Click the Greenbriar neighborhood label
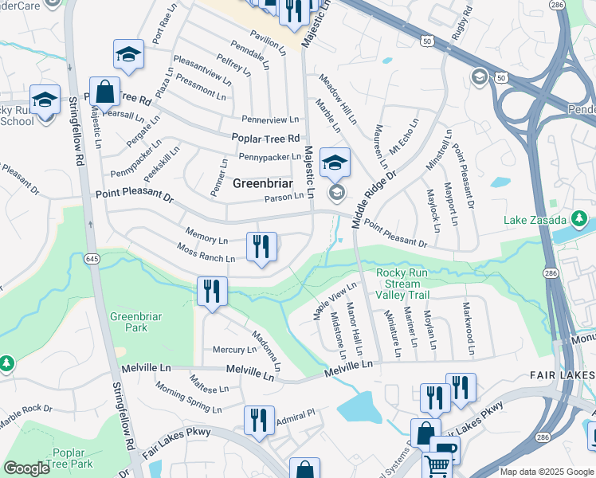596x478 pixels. click(x=259, y=183)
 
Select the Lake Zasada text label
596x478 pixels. click(x=535, y=220)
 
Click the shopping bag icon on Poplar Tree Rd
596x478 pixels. click(x=104, y=92)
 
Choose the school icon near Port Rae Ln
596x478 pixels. click(x=128, y=54)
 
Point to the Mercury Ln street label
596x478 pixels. click(x=234, y=350)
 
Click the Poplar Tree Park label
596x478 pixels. click(x=74, y=458)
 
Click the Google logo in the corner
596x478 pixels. click(x=27, y=468)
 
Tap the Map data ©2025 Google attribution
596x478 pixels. click(x=547, y=472)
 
